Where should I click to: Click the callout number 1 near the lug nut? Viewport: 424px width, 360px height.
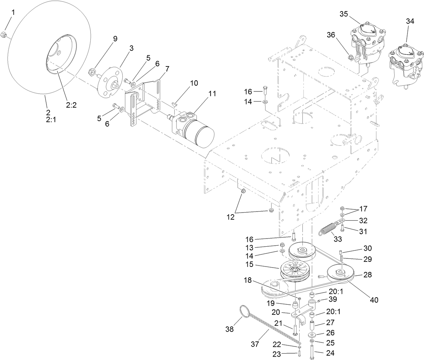[x=13, y=12]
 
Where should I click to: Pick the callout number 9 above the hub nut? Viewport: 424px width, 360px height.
[x=115, y=38]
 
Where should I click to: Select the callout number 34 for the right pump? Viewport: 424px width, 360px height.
[x=410, y=21]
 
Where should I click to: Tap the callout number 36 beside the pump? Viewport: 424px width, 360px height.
[x=331, y=35]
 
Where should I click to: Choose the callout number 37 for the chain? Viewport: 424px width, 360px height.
[x=255, y=344]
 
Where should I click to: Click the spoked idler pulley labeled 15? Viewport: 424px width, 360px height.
[x=294, y=270]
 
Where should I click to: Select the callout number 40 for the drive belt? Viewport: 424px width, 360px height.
[x=374, y=300]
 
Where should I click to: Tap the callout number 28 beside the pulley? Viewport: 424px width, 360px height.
[x=368, y=275]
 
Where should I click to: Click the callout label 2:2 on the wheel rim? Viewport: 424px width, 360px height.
[x=71, y=105]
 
